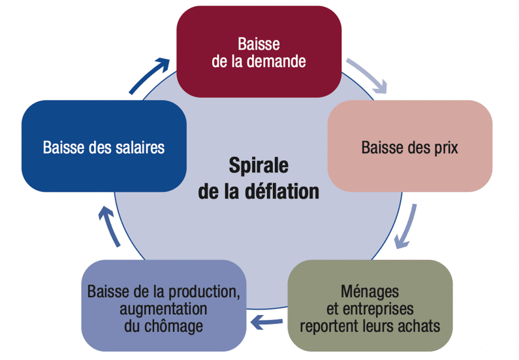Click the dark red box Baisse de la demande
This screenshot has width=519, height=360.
point(259,52)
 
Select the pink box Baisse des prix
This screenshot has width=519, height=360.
point(409,146)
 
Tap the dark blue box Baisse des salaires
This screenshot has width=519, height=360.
point(104,146)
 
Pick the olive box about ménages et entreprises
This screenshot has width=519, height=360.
point(370,307)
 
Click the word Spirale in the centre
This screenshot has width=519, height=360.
point(259,165)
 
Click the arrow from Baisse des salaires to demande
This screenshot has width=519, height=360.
point(147,75)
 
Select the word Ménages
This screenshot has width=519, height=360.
point(370,289)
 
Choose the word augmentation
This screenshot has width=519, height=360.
point(163,307)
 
